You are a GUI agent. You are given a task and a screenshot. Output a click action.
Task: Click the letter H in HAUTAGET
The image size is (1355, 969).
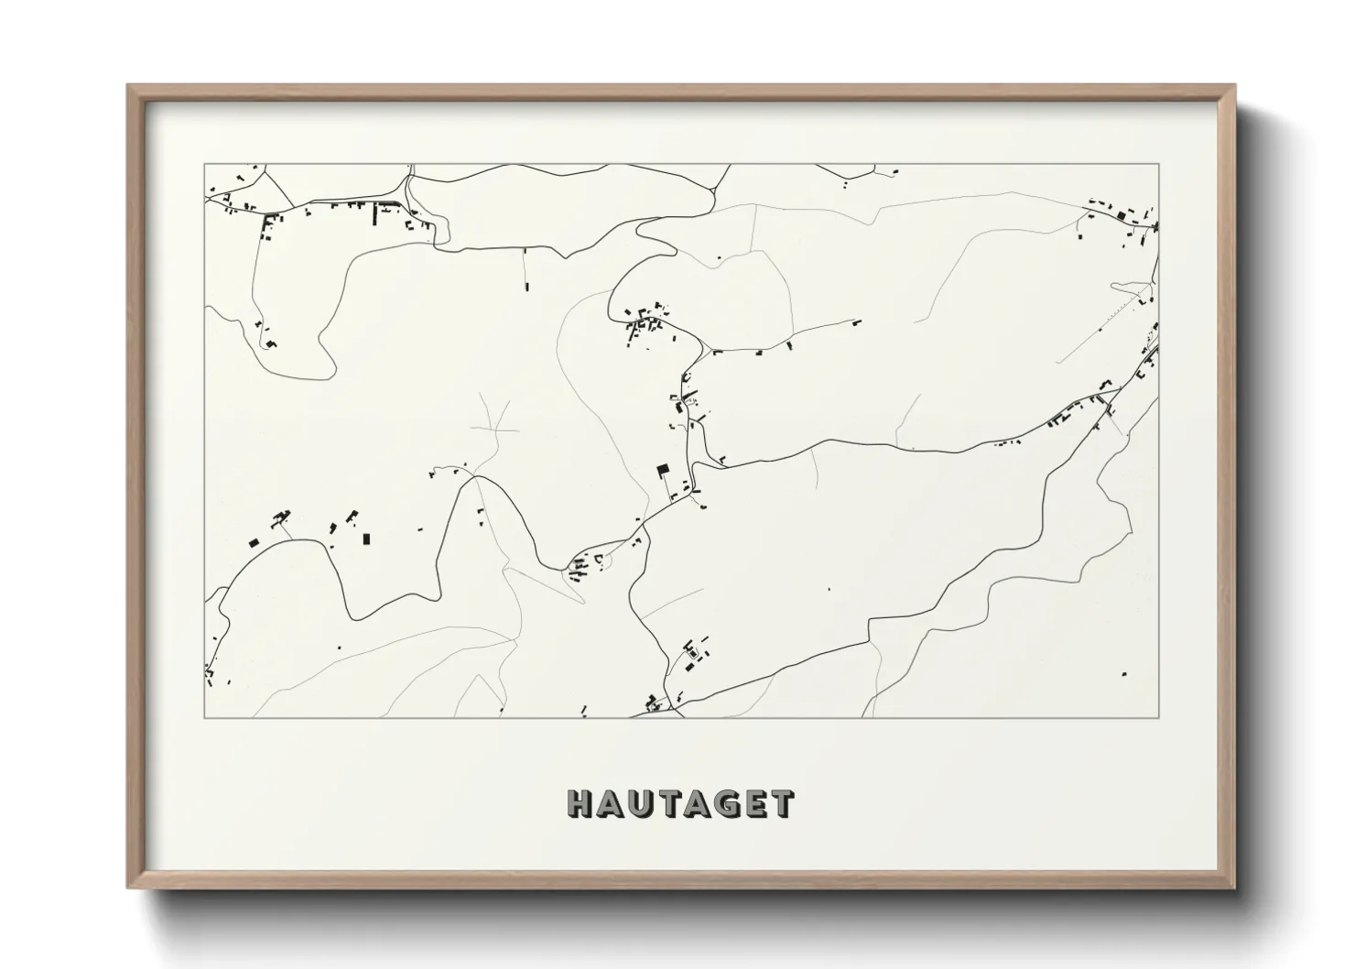pos(582,803)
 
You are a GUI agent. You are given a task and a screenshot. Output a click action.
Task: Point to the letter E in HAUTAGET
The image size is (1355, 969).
pos(753,803)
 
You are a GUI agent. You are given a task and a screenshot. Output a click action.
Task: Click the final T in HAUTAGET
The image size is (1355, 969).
pos(780,803)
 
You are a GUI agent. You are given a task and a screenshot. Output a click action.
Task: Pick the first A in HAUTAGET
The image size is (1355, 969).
pos(612,803)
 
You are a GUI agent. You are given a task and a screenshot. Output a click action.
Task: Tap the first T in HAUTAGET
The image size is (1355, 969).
pos(668,803)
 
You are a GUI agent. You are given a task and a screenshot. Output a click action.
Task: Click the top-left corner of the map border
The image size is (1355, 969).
pos(204,165)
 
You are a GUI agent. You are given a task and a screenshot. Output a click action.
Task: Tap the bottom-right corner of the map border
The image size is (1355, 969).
pos(1159,717)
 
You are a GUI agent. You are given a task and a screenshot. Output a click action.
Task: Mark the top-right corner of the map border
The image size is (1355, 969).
pos(1159,165)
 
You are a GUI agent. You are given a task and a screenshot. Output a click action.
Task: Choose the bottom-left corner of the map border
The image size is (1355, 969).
pos(204,717)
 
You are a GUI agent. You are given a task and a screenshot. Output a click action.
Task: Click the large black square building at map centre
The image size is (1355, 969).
pos(663,471)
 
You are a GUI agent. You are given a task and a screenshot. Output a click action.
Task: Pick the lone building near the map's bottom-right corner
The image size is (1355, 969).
pos(1124,675)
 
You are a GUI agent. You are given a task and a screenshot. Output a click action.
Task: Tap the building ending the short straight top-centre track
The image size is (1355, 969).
pos(526,287)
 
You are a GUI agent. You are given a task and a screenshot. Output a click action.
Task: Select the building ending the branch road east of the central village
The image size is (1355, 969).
pos(857,321)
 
